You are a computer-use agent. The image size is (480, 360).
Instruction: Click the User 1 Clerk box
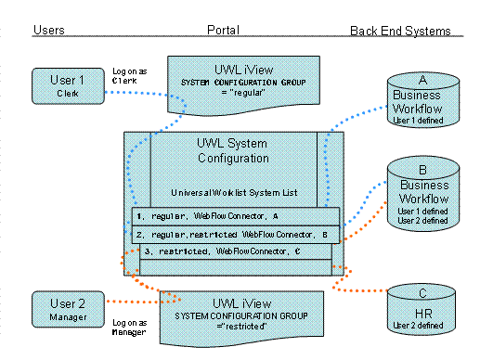click(x=68, y=86)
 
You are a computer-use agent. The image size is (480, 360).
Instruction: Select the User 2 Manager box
click(x=68, y=309)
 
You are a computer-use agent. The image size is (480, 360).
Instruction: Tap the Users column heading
click(x=49, y=30)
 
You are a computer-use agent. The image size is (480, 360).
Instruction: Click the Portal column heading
click(x=223, y=30)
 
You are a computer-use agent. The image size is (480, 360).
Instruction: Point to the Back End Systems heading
click(x=400, y=31)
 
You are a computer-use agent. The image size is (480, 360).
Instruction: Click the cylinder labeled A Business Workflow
click(x=423, y=99)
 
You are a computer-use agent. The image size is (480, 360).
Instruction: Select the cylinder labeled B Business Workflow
click(x=423, y=193)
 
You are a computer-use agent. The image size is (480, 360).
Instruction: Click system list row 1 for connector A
click(x=236, y=216)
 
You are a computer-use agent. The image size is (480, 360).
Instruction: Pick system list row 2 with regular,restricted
click(x=236, y=235)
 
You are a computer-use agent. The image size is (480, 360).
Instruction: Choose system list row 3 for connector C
click(x=236, y=251)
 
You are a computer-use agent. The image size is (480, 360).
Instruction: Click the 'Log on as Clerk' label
click(x=129, y=76)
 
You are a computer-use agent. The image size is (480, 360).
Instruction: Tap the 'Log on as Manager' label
click(x=129, y=328)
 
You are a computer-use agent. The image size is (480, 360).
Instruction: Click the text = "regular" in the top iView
click(x=243, y=93)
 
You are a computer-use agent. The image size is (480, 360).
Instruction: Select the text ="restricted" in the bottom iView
click(x=241, y=327)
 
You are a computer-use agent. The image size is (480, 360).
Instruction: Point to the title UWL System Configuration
click(x=233, y=150)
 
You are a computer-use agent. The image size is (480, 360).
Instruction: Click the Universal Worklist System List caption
click(x=234, y=193)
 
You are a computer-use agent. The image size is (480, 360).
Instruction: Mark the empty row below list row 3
click(x=236, y=267)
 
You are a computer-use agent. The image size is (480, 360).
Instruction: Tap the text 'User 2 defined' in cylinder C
click(x=418, y=326)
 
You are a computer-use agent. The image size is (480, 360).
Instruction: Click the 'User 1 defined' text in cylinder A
click(x=418, y=121)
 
